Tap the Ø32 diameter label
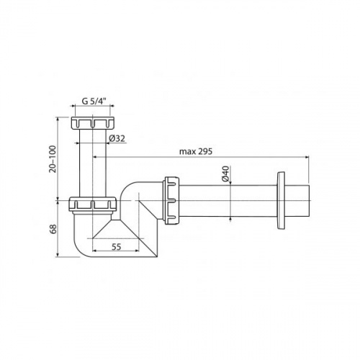[x=117, y=138]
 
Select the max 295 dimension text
[x=196, y=151]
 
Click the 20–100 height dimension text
[x=53, y=159]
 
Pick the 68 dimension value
[x=53, y=229]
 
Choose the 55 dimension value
[x=117, y=246]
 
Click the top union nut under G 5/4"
[x=93, y=123]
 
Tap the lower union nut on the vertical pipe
[x=93, y=204]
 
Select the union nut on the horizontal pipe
[x=171, y=200]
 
